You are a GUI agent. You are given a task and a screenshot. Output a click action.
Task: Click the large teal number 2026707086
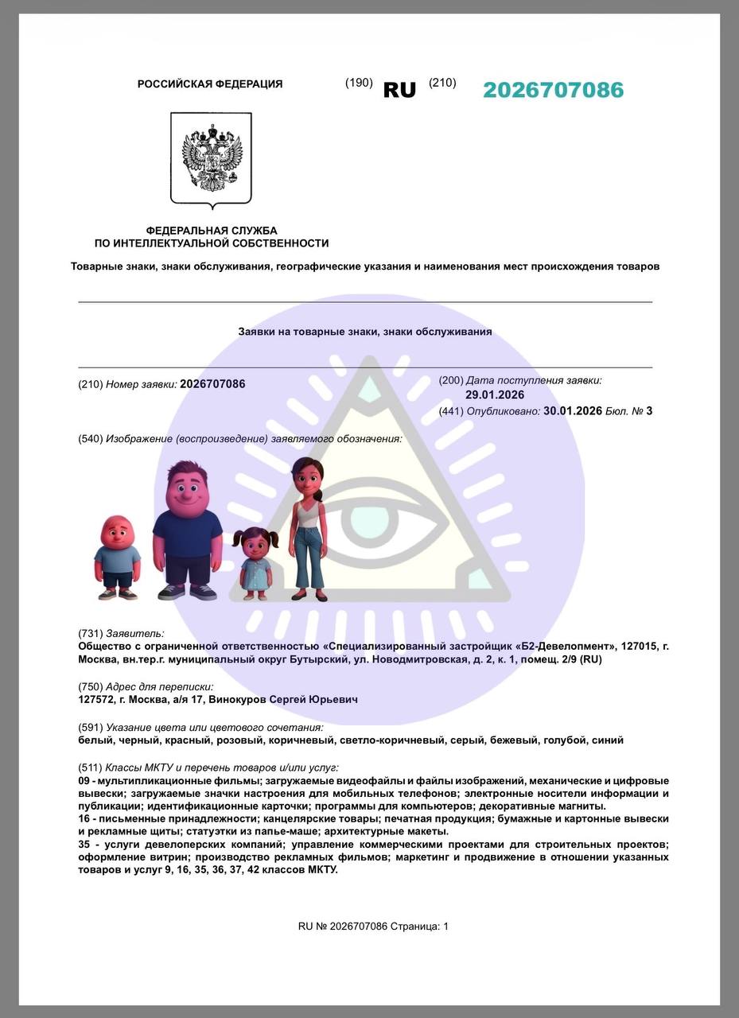pos(553,90)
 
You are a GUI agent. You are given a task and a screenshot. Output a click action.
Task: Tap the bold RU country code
pos(399,91)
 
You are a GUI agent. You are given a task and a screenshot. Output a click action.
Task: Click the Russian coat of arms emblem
pos(211,157)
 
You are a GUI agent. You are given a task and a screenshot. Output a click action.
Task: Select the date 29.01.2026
pos(495,395)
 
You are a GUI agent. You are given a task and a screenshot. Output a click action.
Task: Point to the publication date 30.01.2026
pos(572,411)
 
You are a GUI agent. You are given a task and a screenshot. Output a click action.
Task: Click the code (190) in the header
pos(359,83)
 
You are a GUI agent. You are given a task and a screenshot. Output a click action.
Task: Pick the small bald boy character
pos(118,557)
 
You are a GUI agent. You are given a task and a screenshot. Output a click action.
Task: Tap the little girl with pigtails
pos(256,562)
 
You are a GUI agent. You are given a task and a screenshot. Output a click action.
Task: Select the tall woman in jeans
pos(307,528)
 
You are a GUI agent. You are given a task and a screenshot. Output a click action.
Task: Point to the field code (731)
pos(90,634)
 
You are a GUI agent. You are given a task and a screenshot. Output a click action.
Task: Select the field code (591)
pos(90,727)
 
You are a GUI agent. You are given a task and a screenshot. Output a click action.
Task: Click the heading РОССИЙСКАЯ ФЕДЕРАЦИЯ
pos(210,84)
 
